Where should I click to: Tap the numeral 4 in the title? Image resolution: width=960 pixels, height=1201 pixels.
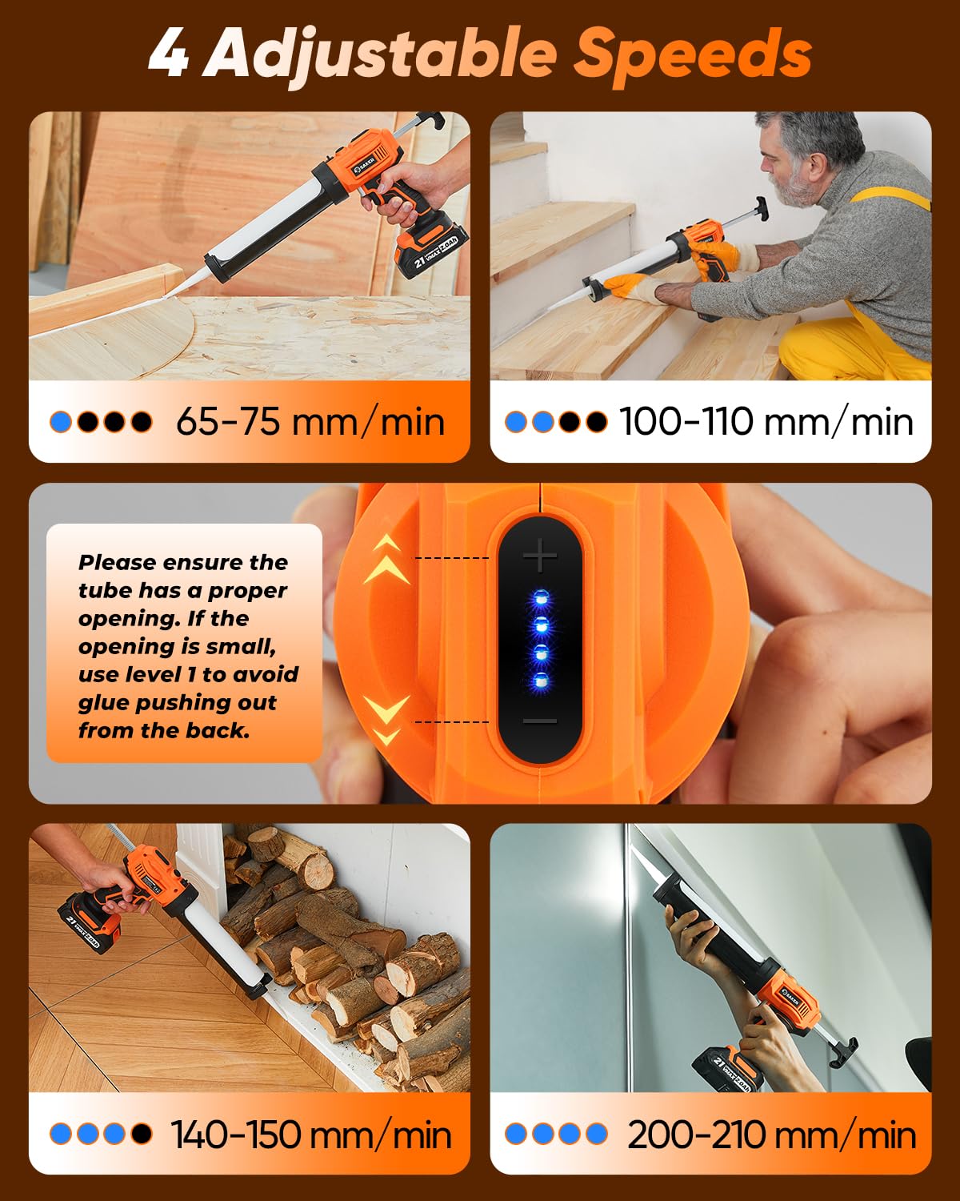click(169, 54)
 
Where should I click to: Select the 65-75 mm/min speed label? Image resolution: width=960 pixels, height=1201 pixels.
click(310, 422)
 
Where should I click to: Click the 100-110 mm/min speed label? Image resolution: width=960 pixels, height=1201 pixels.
click(766, 422)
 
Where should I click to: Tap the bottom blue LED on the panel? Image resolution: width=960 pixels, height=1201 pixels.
click(540, 681)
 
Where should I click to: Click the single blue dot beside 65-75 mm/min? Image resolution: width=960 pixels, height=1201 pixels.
click(61, 422)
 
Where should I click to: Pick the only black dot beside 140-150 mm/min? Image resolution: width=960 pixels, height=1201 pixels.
click(142, 1134)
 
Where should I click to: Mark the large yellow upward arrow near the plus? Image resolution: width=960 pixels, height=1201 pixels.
click(386, 570)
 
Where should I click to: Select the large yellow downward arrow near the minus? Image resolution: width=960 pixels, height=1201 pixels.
click(386, 709)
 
